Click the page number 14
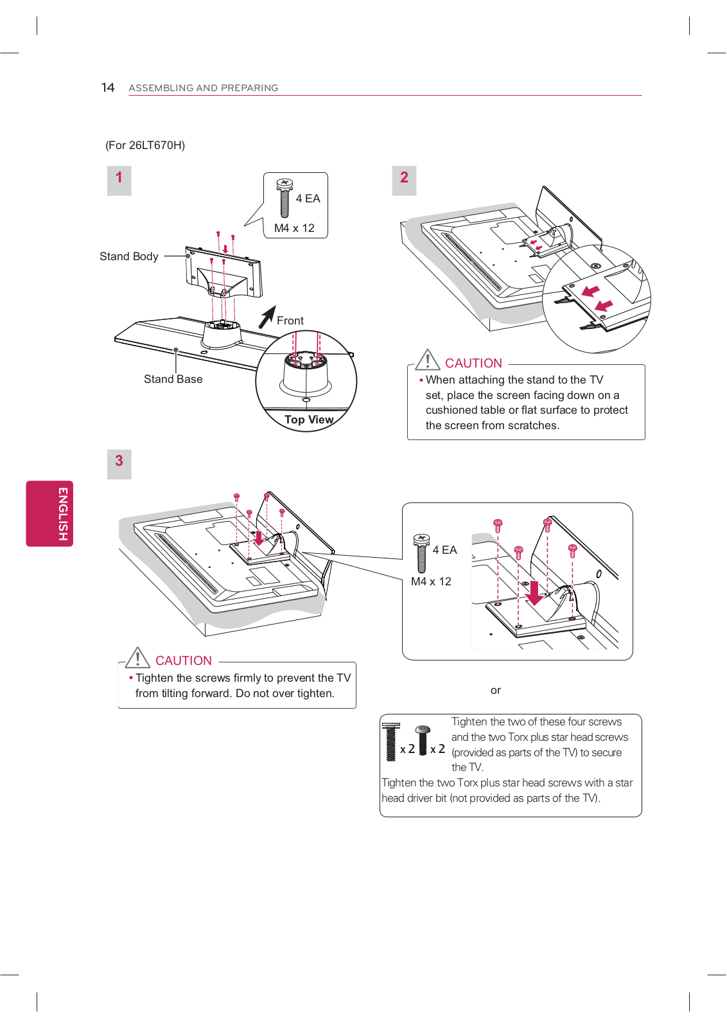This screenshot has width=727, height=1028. (108, 87)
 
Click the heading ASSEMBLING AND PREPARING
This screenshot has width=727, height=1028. (203, 88)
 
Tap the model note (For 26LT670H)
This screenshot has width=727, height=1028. (145, 145)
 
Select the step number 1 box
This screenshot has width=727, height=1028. (119, 180)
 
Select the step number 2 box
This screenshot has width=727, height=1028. (404, 180)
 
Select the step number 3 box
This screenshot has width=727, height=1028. (119, 463)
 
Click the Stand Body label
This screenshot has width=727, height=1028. (128, 256)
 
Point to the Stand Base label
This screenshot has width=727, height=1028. (173, 379)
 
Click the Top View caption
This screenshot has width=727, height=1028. (309, 420)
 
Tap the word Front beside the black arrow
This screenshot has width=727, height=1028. (290, 321)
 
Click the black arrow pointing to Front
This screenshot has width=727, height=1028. (267, 317)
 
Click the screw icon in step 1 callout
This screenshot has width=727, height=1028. (285, 197)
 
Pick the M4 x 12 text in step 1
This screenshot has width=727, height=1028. (294, 228)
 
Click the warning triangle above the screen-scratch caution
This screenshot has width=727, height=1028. (428, 360)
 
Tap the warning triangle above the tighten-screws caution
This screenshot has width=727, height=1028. (137, 657)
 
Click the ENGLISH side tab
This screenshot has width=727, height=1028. (49, 513)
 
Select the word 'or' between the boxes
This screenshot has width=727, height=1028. (495, 691)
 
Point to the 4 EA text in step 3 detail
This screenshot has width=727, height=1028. (444, 550)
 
